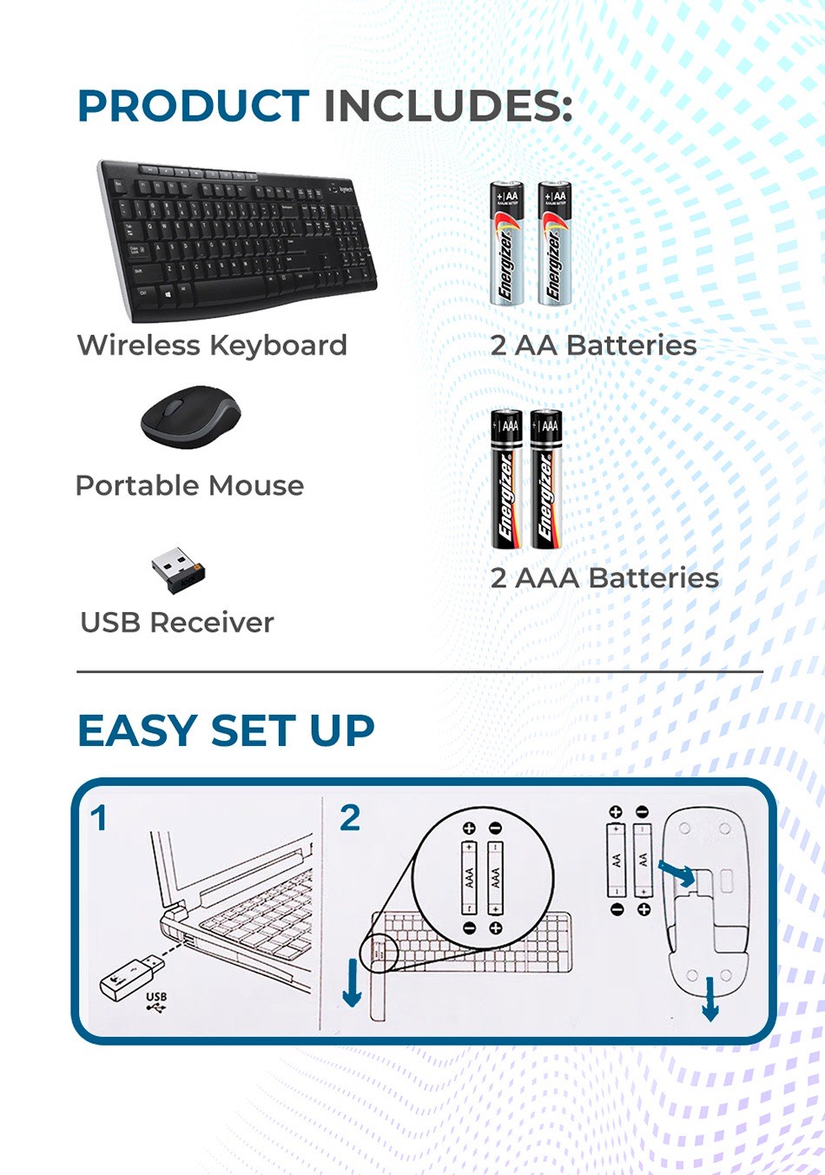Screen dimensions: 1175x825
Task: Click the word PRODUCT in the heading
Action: click(x=193, y=107)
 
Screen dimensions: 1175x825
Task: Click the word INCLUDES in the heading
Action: click(x=447, y=107)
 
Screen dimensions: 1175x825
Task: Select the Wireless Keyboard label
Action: click(x=212, y=345)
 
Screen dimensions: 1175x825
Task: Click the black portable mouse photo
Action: click(x=190, y=417)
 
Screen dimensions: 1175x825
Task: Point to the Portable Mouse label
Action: click(x=189, y=485)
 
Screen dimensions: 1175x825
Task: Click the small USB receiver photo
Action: click(x=178, y=570)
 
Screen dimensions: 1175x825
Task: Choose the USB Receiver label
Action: click(x=176, y=623)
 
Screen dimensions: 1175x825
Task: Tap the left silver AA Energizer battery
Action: click(x=505, y=243)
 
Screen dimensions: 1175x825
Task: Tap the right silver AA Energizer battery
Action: click(x=553, y=243)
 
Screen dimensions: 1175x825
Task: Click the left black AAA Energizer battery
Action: click(x=506, y=479)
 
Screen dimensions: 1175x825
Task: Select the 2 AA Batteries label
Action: click(x=593, y=345)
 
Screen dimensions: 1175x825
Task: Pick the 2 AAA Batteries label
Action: click(x=604, y=578)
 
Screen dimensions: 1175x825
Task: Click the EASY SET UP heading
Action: click(x=226, y=730)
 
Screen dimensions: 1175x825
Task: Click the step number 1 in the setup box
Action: click(x=99, y=818)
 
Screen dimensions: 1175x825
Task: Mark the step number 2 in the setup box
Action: click(x=350, y=818)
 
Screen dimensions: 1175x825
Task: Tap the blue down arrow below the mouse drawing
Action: click(x=710, y=999)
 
